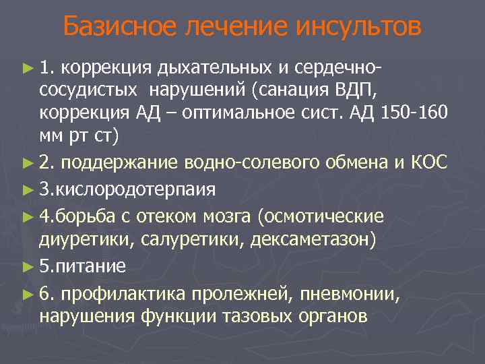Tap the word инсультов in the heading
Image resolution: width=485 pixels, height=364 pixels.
[358, 28]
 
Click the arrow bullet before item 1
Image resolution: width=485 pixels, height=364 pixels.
[26, 68]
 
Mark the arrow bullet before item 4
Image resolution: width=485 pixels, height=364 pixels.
[26, 216]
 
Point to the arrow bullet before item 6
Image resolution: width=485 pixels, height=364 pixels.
[26, 292]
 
